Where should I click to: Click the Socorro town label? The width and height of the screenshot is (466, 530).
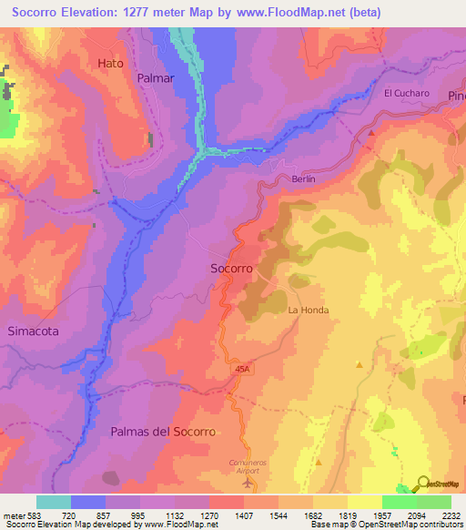point(231,270)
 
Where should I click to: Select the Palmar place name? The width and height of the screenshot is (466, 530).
point(155,78)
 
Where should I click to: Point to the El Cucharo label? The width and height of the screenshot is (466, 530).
point(406,93)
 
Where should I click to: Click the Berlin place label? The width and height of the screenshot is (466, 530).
point(303,179)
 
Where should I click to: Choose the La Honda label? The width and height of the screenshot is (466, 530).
point(308,311)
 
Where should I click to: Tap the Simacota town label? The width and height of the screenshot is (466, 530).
point(33,331)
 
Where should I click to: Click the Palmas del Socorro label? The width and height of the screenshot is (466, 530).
point(163,432)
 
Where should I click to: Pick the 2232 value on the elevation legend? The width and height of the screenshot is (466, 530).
point(452,515)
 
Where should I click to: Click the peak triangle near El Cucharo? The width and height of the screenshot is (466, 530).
point(372,133)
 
